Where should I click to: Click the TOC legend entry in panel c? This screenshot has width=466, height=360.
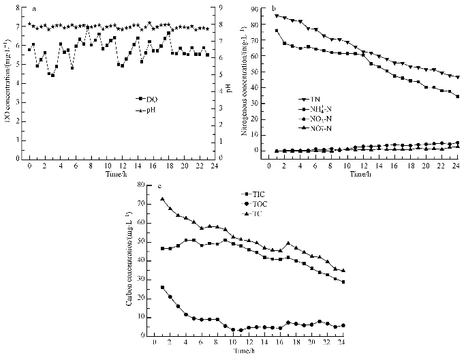[183, 204]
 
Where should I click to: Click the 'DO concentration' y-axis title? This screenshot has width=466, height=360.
[7, 83]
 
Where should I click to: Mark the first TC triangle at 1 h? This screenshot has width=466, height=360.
[163, 199]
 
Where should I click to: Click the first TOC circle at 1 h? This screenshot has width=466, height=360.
[163, 287]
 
